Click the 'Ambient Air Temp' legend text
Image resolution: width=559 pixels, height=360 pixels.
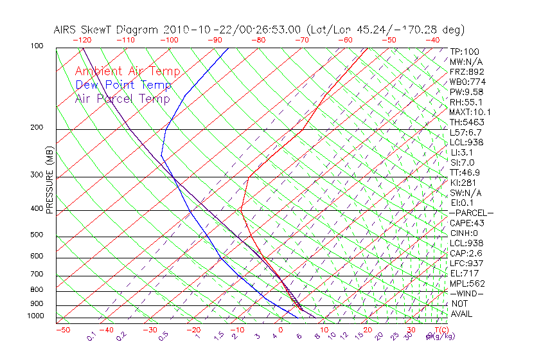127,71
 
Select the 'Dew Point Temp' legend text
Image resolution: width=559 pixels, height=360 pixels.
123,85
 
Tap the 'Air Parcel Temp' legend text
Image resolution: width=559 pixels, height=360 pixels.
122,98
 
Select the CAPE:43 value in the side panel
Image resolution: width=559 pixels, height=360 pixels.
466,223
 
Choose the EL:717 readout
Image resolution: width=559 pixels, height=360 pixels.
464,273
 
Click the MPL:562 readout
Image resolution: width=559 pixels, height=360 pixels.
466,283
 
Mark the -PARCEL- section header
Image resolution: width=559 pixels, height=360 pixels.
471,213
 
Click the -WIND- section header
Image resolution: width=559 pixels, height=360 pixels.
466,293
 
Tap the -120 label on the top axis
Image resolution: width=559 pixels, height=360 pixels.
82,40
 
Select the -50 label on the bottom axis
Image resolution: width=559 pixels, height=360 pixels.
62,330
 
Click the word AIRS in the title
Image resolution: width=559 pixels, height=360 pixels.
66,30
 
